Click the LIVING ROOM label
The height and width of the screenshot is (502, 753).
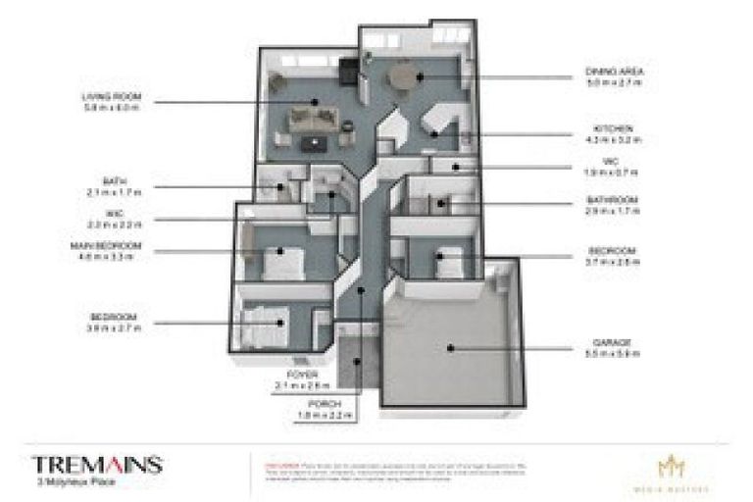click(x=113, y=96)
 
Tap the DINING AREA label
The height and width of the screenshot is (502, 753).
click(x=606, y=72)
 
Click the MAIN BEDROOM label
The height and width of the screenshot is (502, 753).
click(x=105, y=245)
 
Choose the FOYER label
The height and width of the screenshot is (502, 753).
click(x=297, y=374)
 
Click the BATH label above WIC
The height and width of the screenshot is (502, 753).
click(x=114, y=181)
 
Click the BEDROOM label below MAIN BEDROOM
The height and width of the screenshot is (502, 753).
click(x=113, y=317)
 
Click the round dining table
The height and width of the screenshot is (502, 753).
click(x=402, y=75)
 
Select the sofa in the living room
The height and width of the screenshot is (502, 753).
click(x=312, y=122)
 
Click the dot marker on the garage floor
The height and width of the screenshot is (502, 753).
click(x=450, y=346)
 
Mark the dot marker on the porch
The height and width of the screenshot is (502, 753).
click(x=358, y=361)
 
